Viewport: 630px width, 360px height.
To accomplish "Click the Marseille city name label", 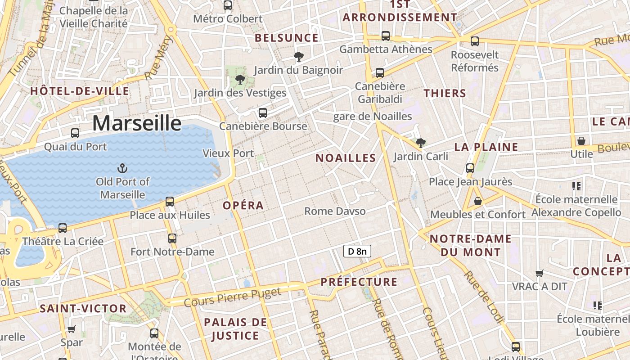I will (x=137, y=123).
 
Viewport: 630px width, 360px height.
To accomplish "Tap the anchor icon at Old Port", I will (x=122, y=169).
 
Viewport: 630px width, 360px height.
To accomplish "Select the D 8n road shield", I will (x=357, y=251).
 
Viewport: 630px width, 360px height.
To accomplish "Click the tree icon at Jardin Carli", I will (x=421, y=143).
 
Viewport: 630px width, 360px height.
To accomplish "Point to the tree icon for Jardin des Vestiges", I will (x=240, y=80).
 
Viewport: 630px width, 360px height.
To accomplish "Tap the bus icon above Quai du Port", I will (x=75, y=133).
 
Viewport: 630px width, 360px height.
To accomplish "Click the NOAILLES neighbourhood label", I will (x=345, y=158).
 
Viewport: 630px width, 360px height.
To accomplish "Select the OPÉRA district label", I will (x=243, y=205).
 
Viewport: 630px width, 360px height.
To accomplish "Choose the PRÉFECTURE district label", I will (x=359, y=282).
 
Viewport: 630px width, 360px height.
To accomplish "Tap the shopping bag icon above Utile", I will (x=581, y=141).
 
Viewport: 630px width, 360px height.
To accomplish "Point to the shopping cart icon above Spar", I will (x=71, y=329).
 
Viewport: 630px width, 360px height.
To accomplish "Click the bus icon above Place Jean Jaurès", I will (x=470, y=168).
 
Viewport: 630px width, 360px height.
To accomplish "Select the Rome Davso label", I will (x=335, y=211).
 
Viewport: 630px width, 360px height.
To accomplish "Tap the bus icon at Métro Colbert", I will (x=228, y=5).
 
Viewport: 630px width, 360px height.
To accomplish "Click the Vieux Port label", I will (x=228, y=153).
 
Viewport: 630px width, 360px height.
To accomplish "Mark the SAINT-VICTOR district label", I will (x=83, y=309).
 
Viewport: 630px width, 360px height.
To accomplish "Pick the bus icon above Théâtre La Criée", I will (x=63, y=228).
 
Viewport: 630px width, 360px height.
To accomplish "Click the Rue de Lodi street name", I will (x=483, y=297).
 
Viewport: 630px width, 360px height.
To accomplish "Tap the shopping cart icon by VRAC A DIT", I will (x=539, y=273).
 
